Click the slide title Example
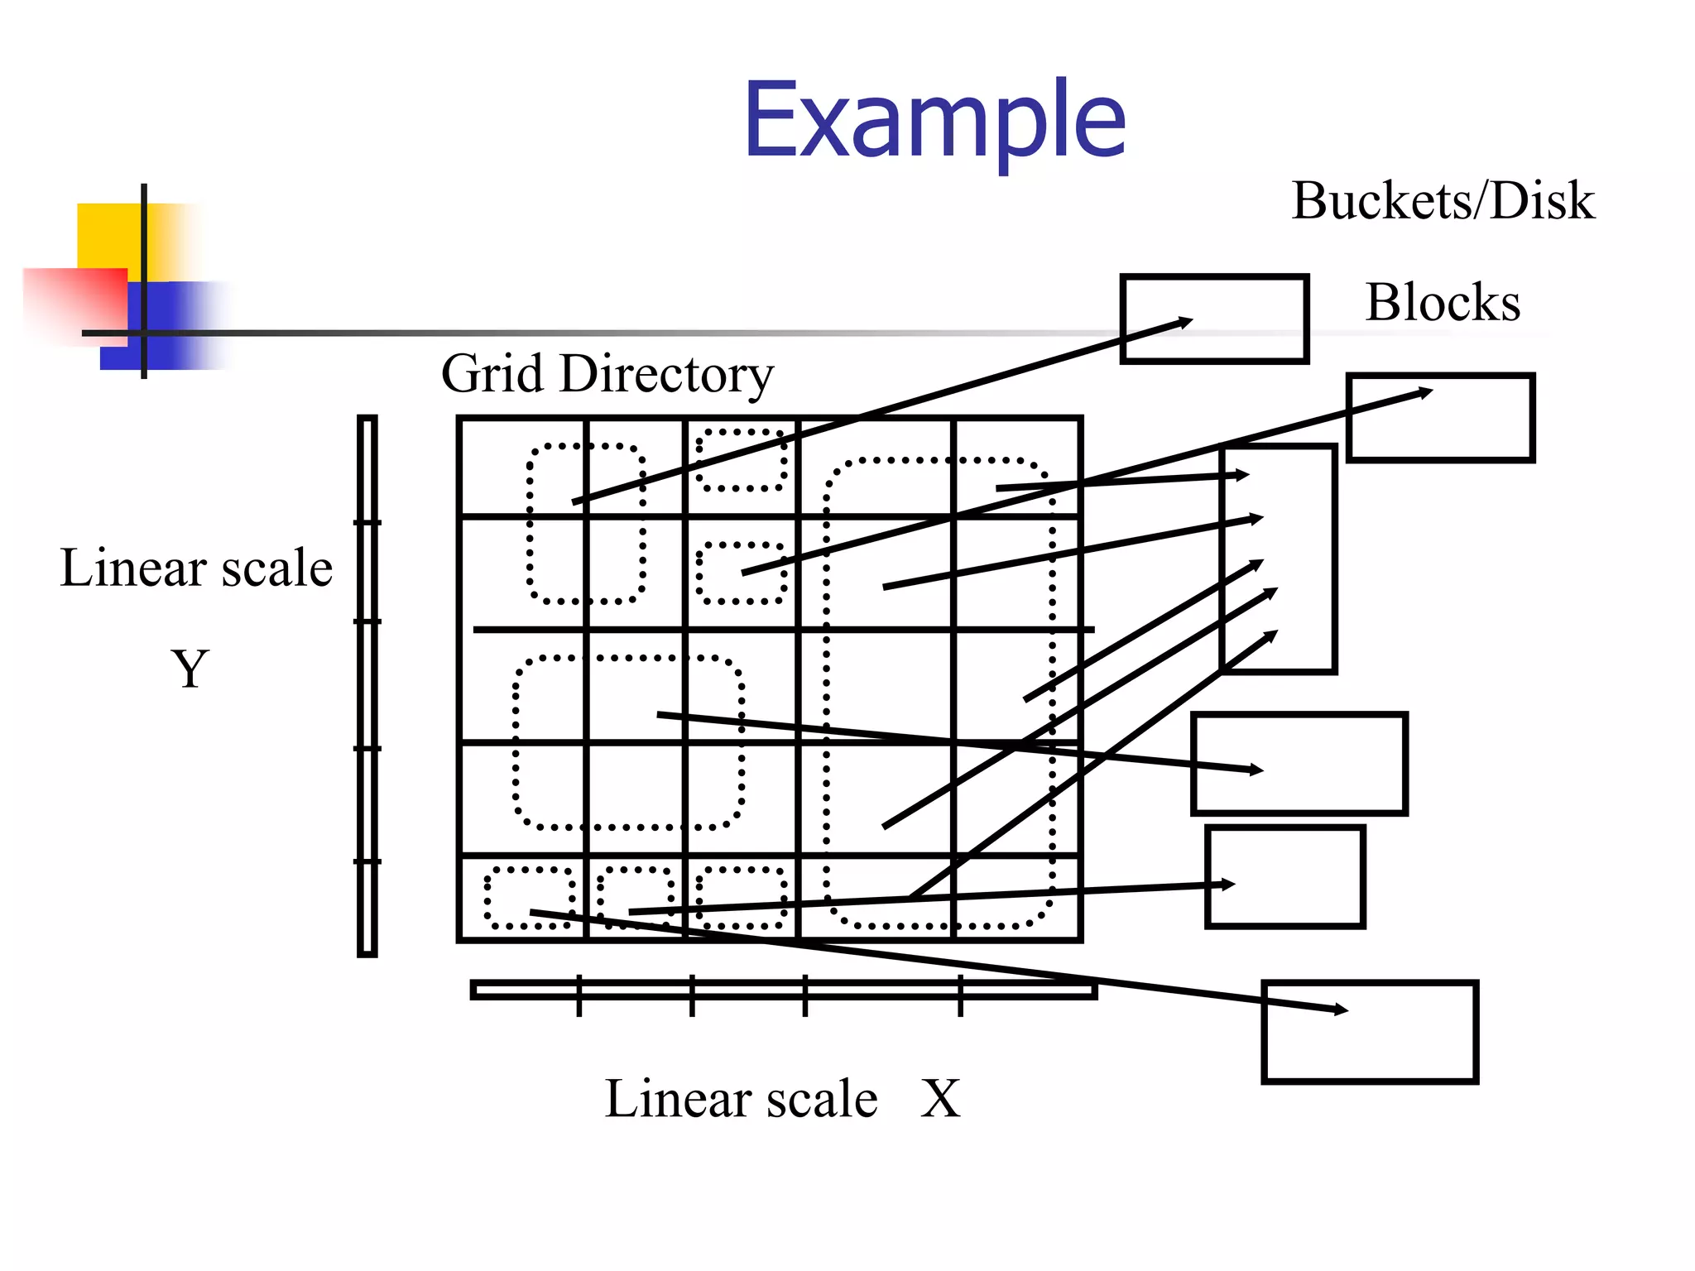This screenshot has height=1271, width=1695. [x=934, y=121]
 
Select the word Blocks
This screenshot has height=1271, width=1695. [x=1443, y=303]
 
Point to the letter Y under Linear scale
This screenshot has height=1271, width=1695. [x=190, y=669]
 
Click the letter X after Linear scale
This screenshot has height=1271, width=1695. [x=940, y=1100]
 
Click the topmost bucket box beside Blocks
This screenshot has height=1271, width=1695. [x=1214, y=319]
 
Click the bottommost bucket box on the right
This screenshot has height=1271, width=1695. [x=1370, y=1031]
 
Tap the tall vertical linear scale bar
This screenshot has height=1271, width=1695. [x=367, y=687]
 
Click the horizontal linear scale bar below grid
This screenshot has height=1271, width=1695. [x=782, y=990]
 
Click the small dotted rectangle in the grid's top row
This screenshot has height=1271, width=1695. [x=741, y=459]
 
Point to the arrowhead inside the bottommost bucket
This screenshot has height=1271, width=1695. [x=1341, y=1010]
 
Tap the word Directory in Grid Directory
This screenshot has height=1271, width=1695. [x=666, y=374]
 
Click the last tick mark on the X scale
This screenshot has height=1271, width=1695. [x=960, y=995]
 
